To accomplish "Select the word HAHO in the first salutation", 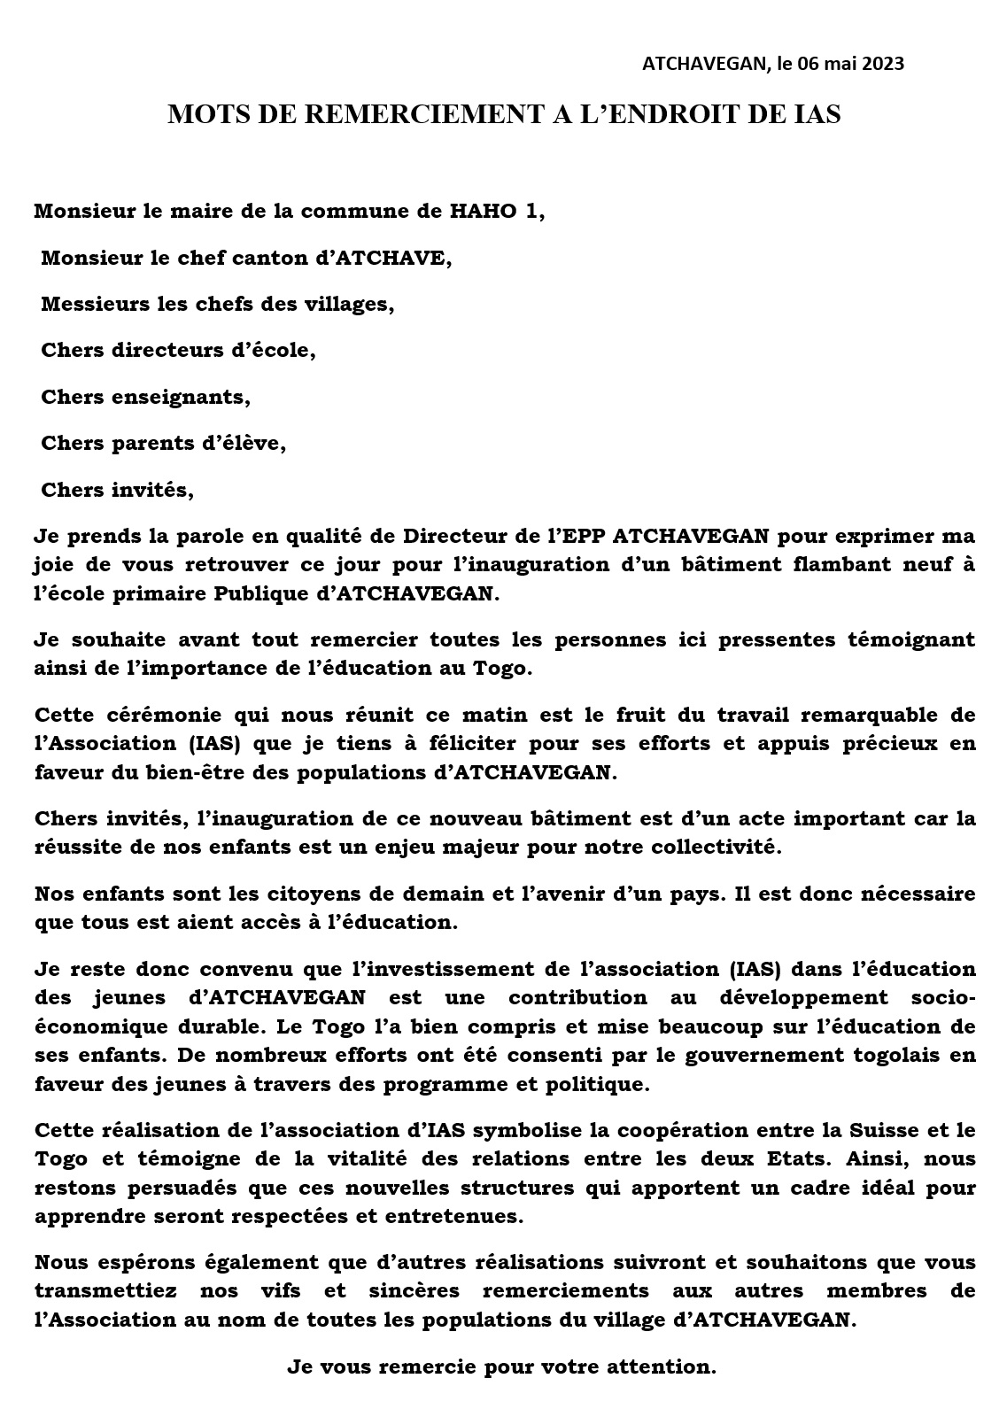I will pos(481,212).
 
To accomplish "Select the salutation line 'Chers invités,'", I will pos(117,489).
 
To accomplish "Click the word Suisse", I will pos(888,1130).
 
